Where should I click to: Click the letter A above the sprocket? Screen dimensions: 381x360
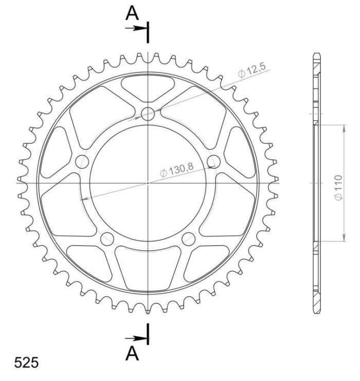click(133, 14)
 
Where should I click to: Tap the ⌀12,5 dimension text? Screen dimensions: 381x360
click(251, 74)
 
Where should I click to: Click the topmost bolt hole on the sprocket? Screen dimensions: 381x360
click(148, 114)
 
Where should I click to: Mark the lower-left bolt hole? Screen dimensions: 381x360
click(107, 239)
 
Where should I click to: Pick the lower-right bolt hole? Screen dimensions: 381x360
click(189, 239)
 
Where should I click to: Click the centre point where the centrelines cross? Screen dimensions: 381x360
click(148, 183)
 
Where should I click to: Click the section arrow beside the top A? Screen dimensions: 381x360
click(136, 28)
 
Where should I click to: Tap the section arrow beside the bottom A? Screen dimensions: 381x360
click(136, 338)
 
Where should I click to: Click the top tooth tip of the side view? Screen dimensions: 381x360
click(316, 55)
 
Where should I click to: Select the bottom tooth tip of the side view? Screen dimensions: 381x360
click(316, 312)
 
